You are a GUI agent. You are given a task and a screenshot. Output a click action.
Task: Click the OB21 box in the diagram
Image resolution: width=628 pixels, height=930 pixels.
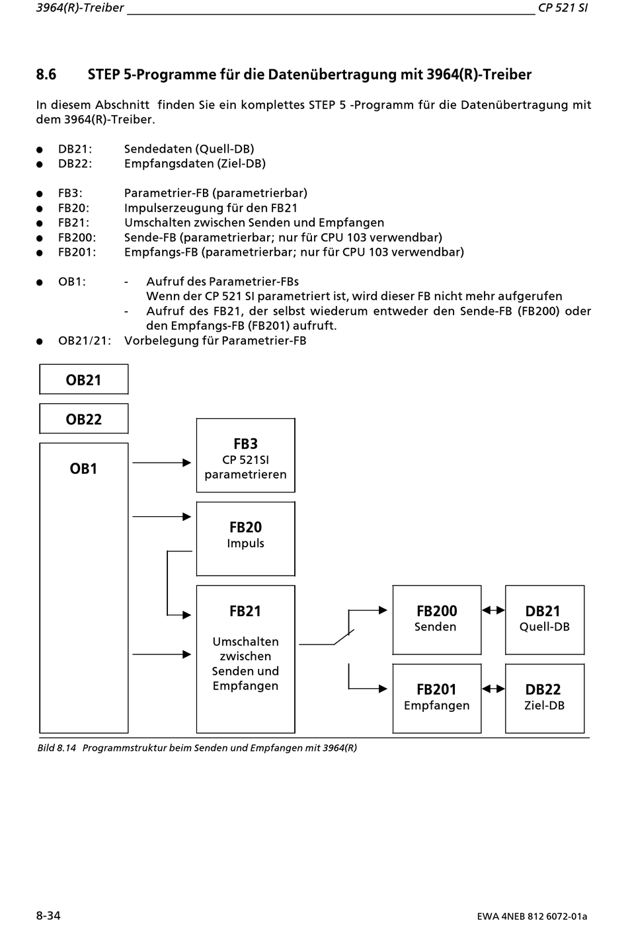tap(84, 379)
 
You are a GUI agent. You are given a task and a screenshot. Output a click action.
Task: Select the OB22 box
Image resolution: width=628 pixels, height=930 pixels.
tap(84, 418)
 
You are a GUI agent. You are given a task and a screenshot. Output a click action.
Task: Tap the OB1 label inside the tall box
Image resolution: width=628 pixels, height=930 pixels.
tap(83, 469)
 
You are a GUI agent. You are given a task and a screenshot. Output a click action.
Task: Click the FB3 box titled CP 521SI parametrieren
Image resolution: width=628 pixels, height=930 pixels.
tap(246, 455)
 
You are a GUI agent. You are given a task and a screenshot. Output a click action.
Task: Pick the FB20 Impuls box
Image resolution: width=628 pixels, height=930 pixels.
tap(246, 539)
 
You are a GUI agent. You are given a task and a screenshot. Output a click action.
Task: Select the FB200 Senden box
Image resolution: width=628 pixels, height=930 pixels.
tap(437, 620)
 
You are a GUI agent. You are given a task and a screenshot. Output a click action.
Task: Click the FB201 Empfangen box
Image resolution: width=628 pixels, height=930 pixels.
tap(437, 699)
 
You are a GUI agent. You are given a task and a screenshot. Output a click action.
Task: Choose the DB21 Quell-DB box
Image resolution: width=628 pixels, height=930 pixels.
tap(545, 620)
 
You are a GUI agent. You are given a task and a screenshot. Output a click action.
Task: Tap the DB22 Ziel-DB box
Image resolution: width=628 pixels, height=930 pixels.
tap(545, 699)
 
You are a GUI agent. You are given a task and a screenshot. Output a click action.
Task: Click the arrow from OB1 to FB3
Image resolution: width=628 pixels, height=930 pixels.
tap(161, 463)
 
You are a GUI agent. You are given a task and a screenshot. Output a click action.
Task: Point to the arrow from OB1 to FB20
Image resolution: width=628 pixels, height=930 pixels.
tap(161, 516)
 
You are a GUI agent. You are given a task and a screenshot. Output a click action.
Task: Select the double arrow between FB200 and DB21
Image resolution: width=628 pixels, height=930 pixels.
tap(493, 610)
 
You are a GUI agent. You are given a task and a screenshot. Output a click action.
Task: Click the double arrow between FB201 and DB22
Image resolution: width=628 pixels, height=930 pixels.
tap(493, 689)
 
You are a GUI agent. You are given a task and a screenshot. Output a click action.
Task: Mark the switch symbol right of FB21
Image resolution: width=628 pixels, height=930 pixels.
tap(344, 638)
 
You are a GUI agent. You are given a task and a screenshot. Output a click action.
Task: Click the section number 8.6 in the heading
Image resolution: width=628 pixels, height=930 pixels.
tap(46, 74)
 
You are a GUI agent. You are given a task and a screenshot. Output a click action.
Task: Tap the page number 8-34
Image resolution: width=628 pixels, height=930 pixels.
tap(48, 915)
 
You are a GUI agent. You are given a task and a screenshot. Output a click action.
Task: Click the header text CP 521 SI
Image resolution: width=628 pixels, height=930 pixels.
tap(563, 8)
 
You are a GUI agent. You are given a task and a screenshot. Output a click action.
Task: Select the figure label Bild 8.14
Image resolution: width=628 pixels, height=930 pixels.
tap(57, 748)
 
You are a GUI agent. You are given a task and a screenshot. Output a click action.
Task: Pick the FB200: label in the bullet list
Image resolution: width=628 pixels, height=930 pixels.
tap(77, 237)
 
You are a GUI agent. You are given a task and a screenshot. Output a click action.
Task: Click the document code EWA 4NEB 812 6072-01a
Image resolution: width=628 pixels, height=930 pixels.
tap(532, 916)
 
